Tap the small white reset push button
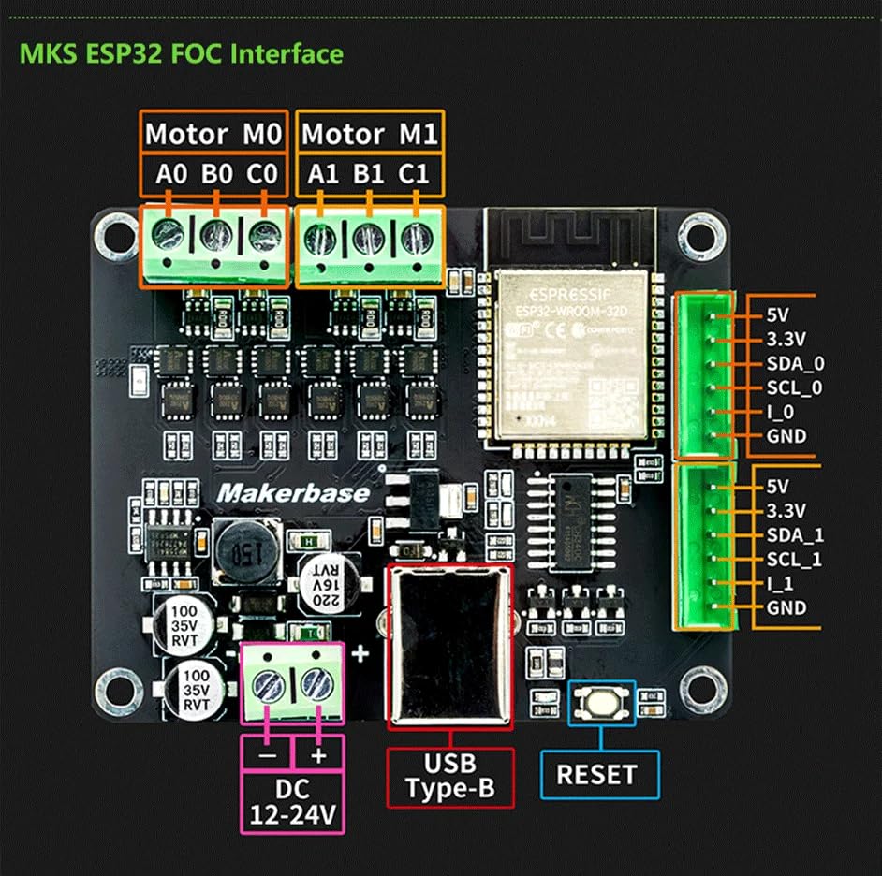point(602,699)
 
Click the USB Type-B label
point(450,777)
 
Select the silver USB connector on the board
point(450,646)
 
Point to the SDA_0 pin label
point(794,363)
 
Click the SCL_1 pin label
point(794,560)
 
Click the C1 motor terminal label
point(413,174)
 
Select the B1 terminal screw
point(368,239)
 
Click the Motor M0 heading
point(213,134)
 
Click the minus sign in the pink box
point(267,754)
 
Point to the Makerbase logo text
point(293,492)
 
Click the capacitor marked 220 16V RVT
point(323,579)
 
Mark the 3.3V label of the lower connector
point(785,511)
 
